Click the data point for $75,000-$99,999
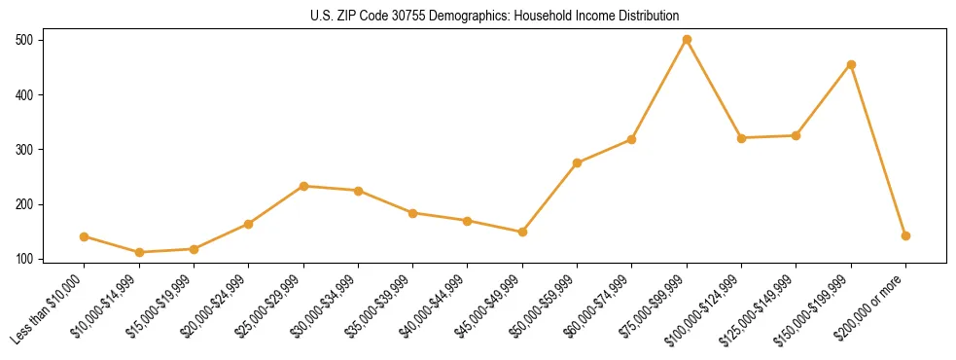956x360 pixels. click(687, 40)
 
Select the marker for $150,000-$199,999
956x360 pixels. click(851, 65)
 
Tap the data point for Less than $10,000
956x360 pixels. click(85, 236)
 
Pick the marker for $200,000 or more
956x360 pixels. click(905, 235)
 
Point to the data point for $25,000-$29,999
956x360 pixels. click(303, 186)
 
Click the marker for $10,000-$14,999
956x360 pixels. click(139, 253)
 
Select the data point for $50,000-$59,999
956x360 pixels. click(578, 162)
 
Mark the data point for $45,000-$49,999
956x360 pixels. click(522, 232)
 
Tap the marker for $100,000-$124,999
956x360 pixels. click(741, 138)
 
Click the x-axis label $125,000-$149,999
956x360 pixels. click(761, 308)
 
